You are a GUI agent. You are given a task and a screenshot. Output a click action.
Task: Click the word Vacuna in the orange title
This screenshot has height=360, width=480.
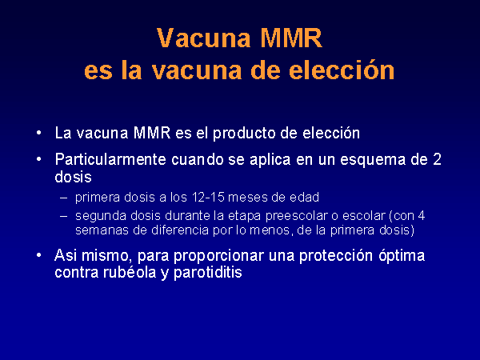coord(204,38)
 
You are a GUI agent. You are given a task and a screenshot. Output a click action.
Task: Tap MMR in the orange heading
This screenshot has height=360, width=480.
coord(291,38)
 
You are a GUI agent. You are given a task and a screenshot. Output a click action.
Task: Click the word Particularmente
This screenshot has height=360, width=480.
coord(110,159)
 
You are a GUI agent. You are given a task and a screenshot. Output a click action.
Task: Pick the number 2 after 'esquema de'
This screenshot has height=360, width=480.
coord(437,159)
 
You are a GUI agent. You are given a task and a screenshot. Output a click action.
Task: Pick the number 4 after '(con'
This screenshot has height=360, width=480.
coord(422,215)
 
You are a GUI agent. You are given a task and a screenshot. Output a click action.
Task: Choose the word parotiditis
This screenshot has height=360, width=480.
coord(208,273)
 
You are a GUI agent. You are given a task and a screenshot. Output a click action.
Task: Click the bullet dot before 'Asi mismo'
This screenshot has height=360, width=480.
coord(38,255)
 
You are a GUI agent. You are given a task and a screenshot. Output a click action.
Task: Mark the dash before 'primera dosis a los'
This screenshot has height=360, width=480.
coord(64,198)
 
